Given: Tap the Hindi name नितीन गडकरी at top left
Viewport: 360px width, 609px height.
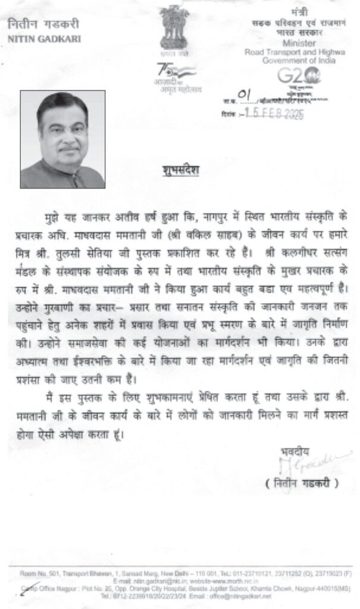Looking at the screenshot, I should coord(43,26).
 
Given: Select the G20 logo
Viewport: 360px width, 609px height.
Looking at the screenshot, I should coord(299,76).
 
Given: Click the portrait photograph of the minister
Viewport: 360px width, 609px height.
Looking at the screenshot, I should coord(62,139).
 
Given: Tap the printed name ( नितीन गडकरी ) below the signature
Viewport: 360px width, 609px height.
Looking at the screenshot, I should coord(302,483).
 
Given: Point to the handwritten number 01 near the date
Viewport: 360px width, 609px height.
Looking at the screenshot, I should coord(243,95).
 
